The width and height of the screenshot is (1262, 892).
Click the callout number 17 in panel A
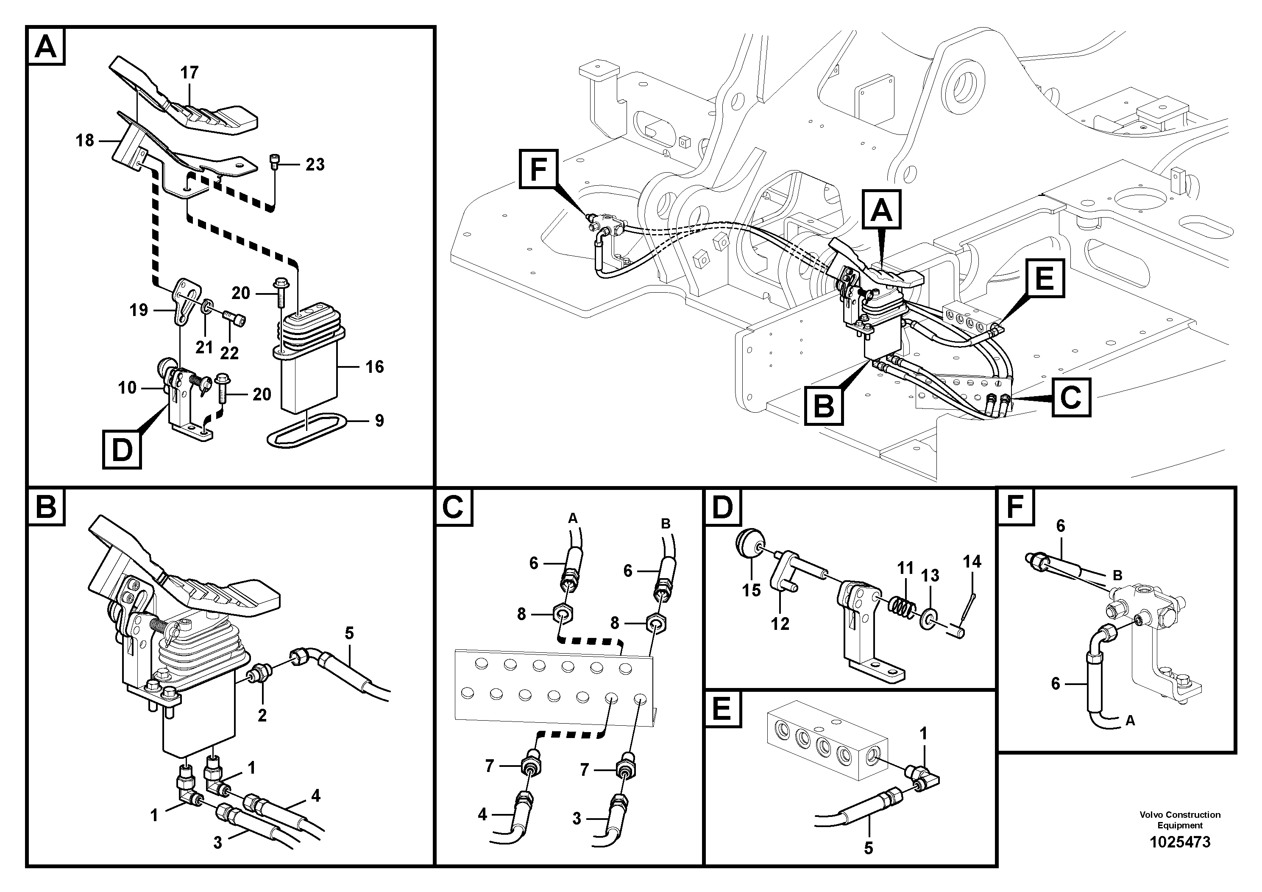click(x=189, y=73)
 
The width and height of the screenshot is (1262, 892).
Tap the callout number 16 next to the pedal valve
click(x=374, y=367)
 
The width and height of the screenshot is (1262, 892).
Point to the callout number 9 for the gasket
click(x=379, y=421)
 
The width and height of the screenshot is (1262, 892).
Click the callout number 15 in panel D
click(x=751, y=590)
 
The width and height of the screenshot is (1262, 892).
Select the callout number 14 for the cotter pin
click(x=972, y=562)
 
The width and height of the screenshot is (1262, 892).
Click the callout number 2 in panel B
click(x=262, y=716)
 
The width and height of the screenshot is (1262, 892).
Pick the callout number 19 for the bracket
click(x=139, y=310)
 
